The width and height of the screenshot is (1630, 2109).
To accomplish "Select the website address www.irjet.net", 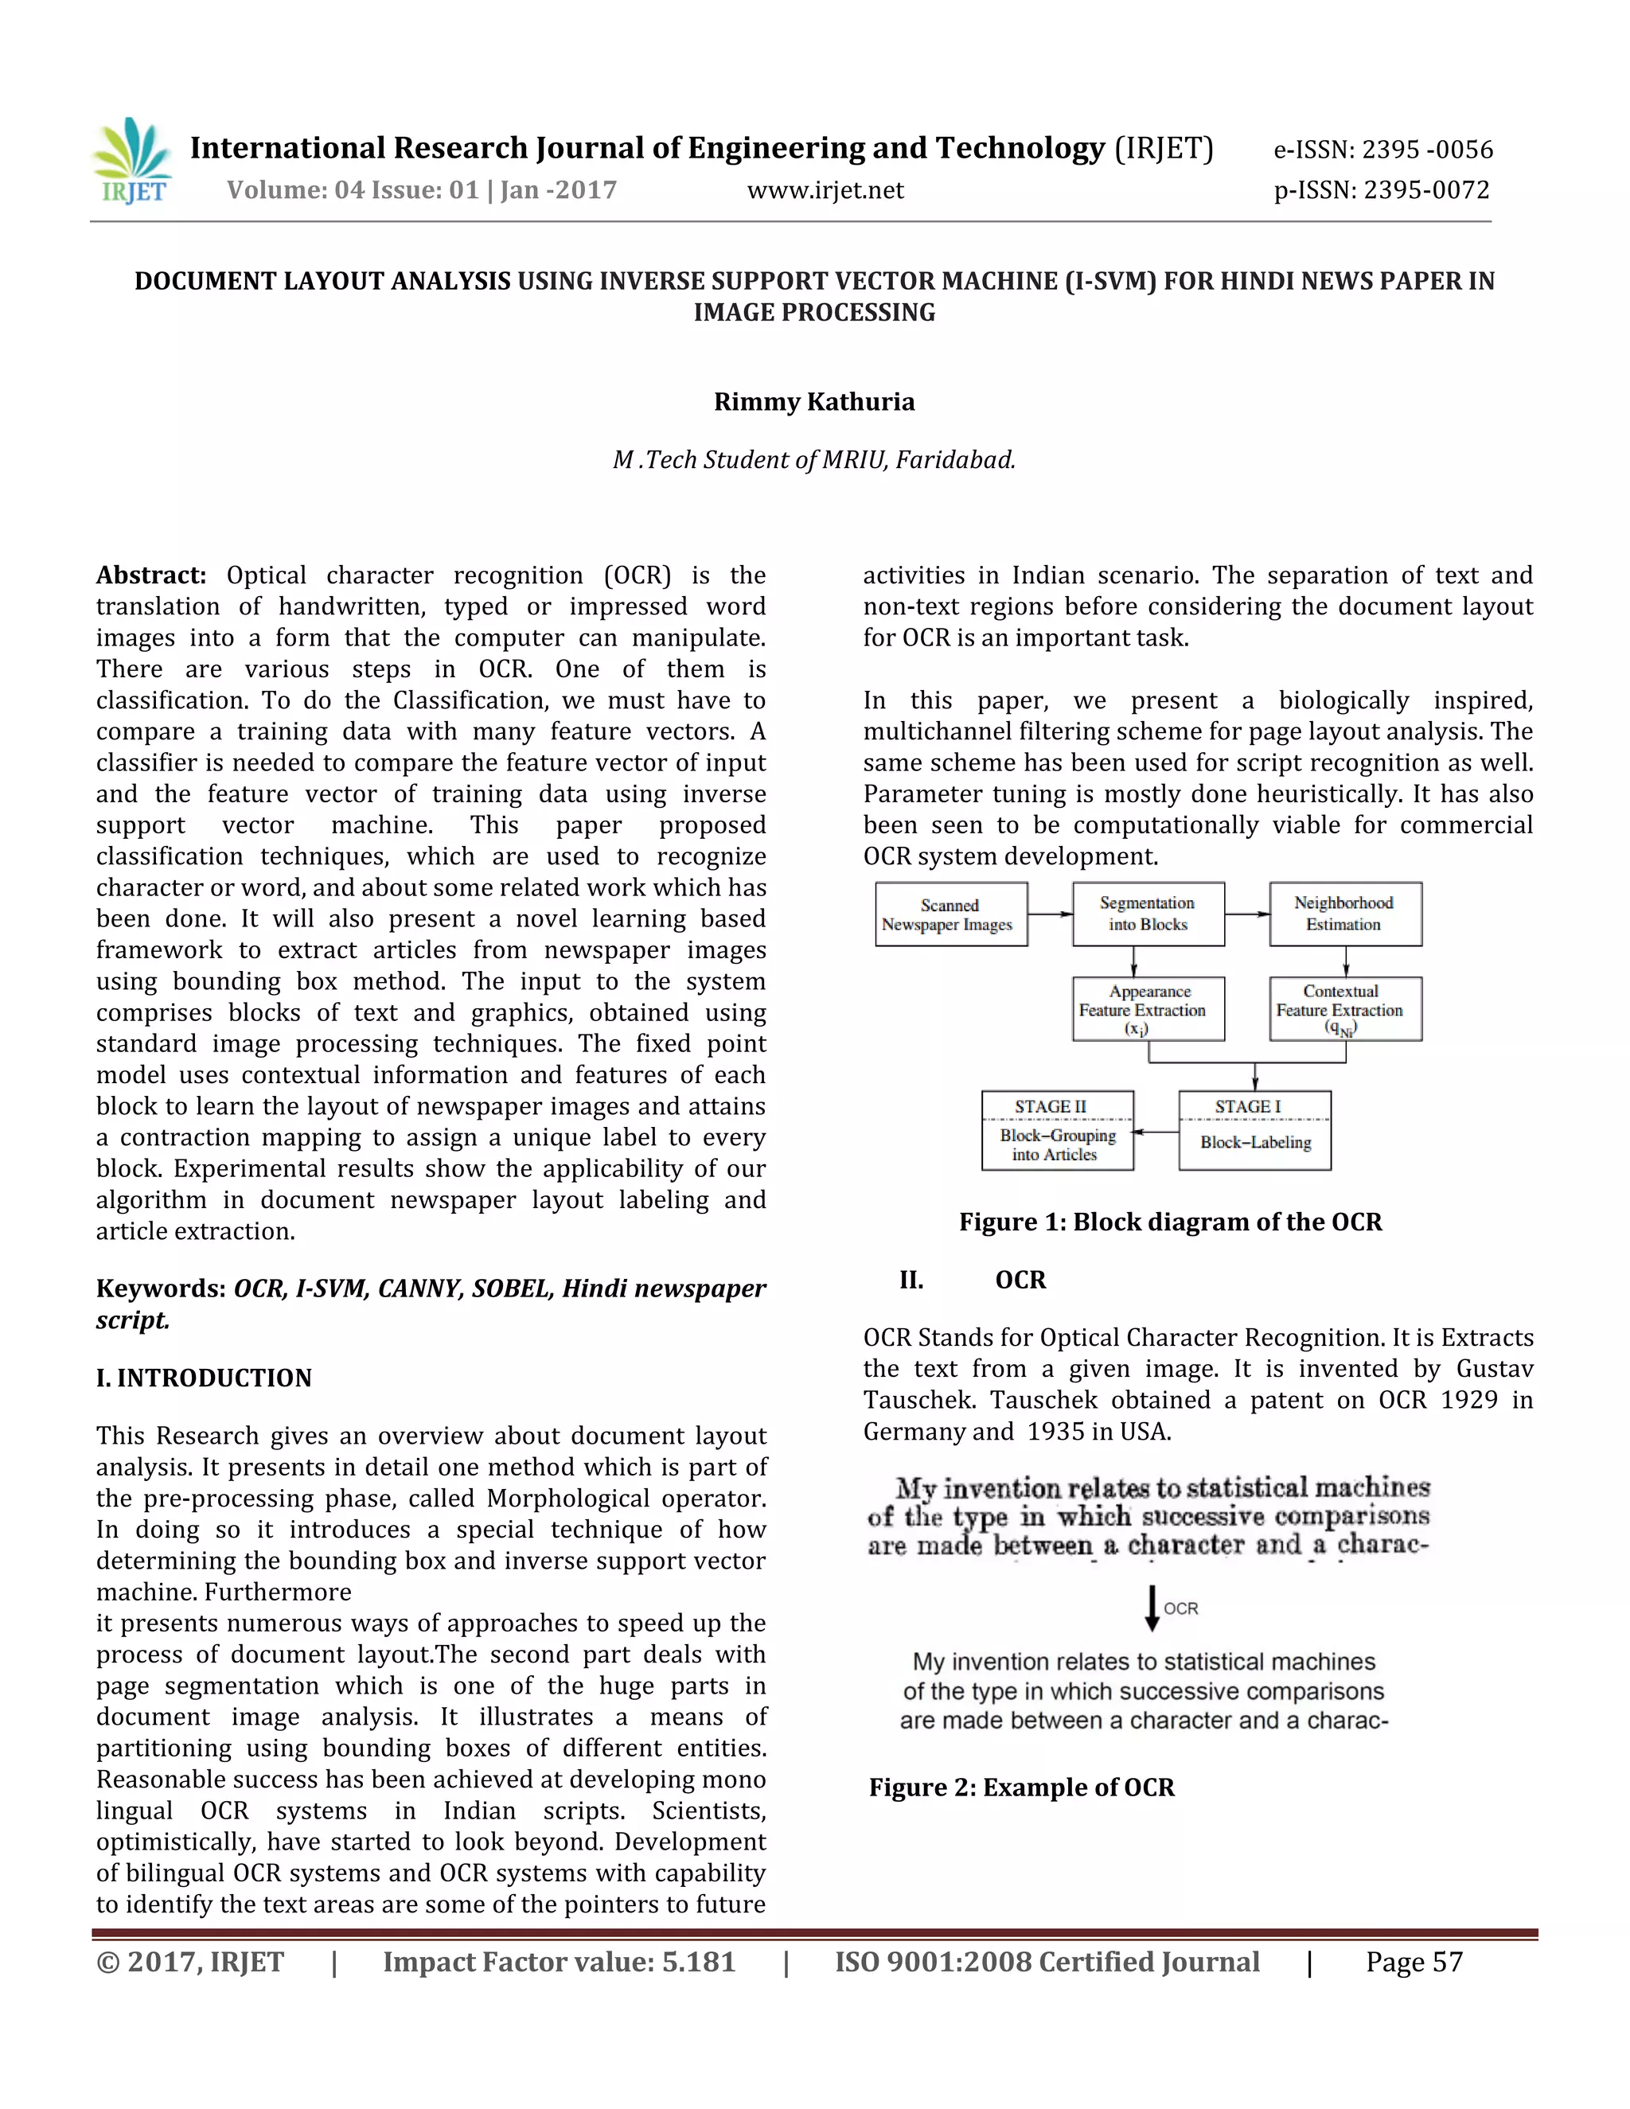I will click(825, 190).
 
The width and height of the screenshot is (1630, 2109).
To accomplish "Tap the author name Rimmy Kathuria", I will click(814, 402).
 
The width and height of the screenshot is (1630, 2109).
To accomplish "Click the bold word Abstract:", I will click(150, 575).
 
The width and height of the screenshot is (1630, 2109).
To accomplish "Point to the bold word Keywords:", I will click(160, 1289).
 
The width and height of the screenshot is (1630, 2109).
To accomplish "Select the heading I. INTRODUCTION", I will click(204, 1378).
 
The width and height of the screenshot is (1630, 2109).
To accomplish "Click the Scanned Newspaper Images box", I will click(950, 914).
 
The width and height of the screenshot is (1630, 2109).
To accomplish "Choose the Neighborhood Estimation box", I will click(1344, 914).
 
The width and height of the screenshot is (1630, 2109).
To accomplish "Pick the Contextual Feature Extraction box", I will click(1344, 1009).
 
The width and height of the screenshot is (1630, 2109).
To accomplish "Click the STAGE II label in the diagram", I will click(1050, 1107).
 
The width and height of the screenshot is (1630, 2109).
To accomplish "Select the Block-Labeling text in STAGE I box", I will click(1254, 1142).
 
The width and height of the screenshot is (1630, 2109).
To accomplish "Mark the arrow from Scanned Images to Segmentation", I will click(1050, 914).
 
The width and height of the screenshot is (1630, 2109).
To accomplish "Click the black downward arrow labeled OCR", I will click(1151, 1608).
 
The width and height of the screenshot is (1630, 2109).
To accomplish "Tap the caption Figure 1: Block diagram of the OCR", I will click(1169, 1222).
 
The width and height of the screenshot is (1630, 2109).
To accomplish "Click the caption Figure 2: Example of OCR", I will click(1022, 1787).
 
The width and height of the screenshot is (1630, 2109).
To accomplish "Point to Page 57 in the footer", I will click(1414, 1963).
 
